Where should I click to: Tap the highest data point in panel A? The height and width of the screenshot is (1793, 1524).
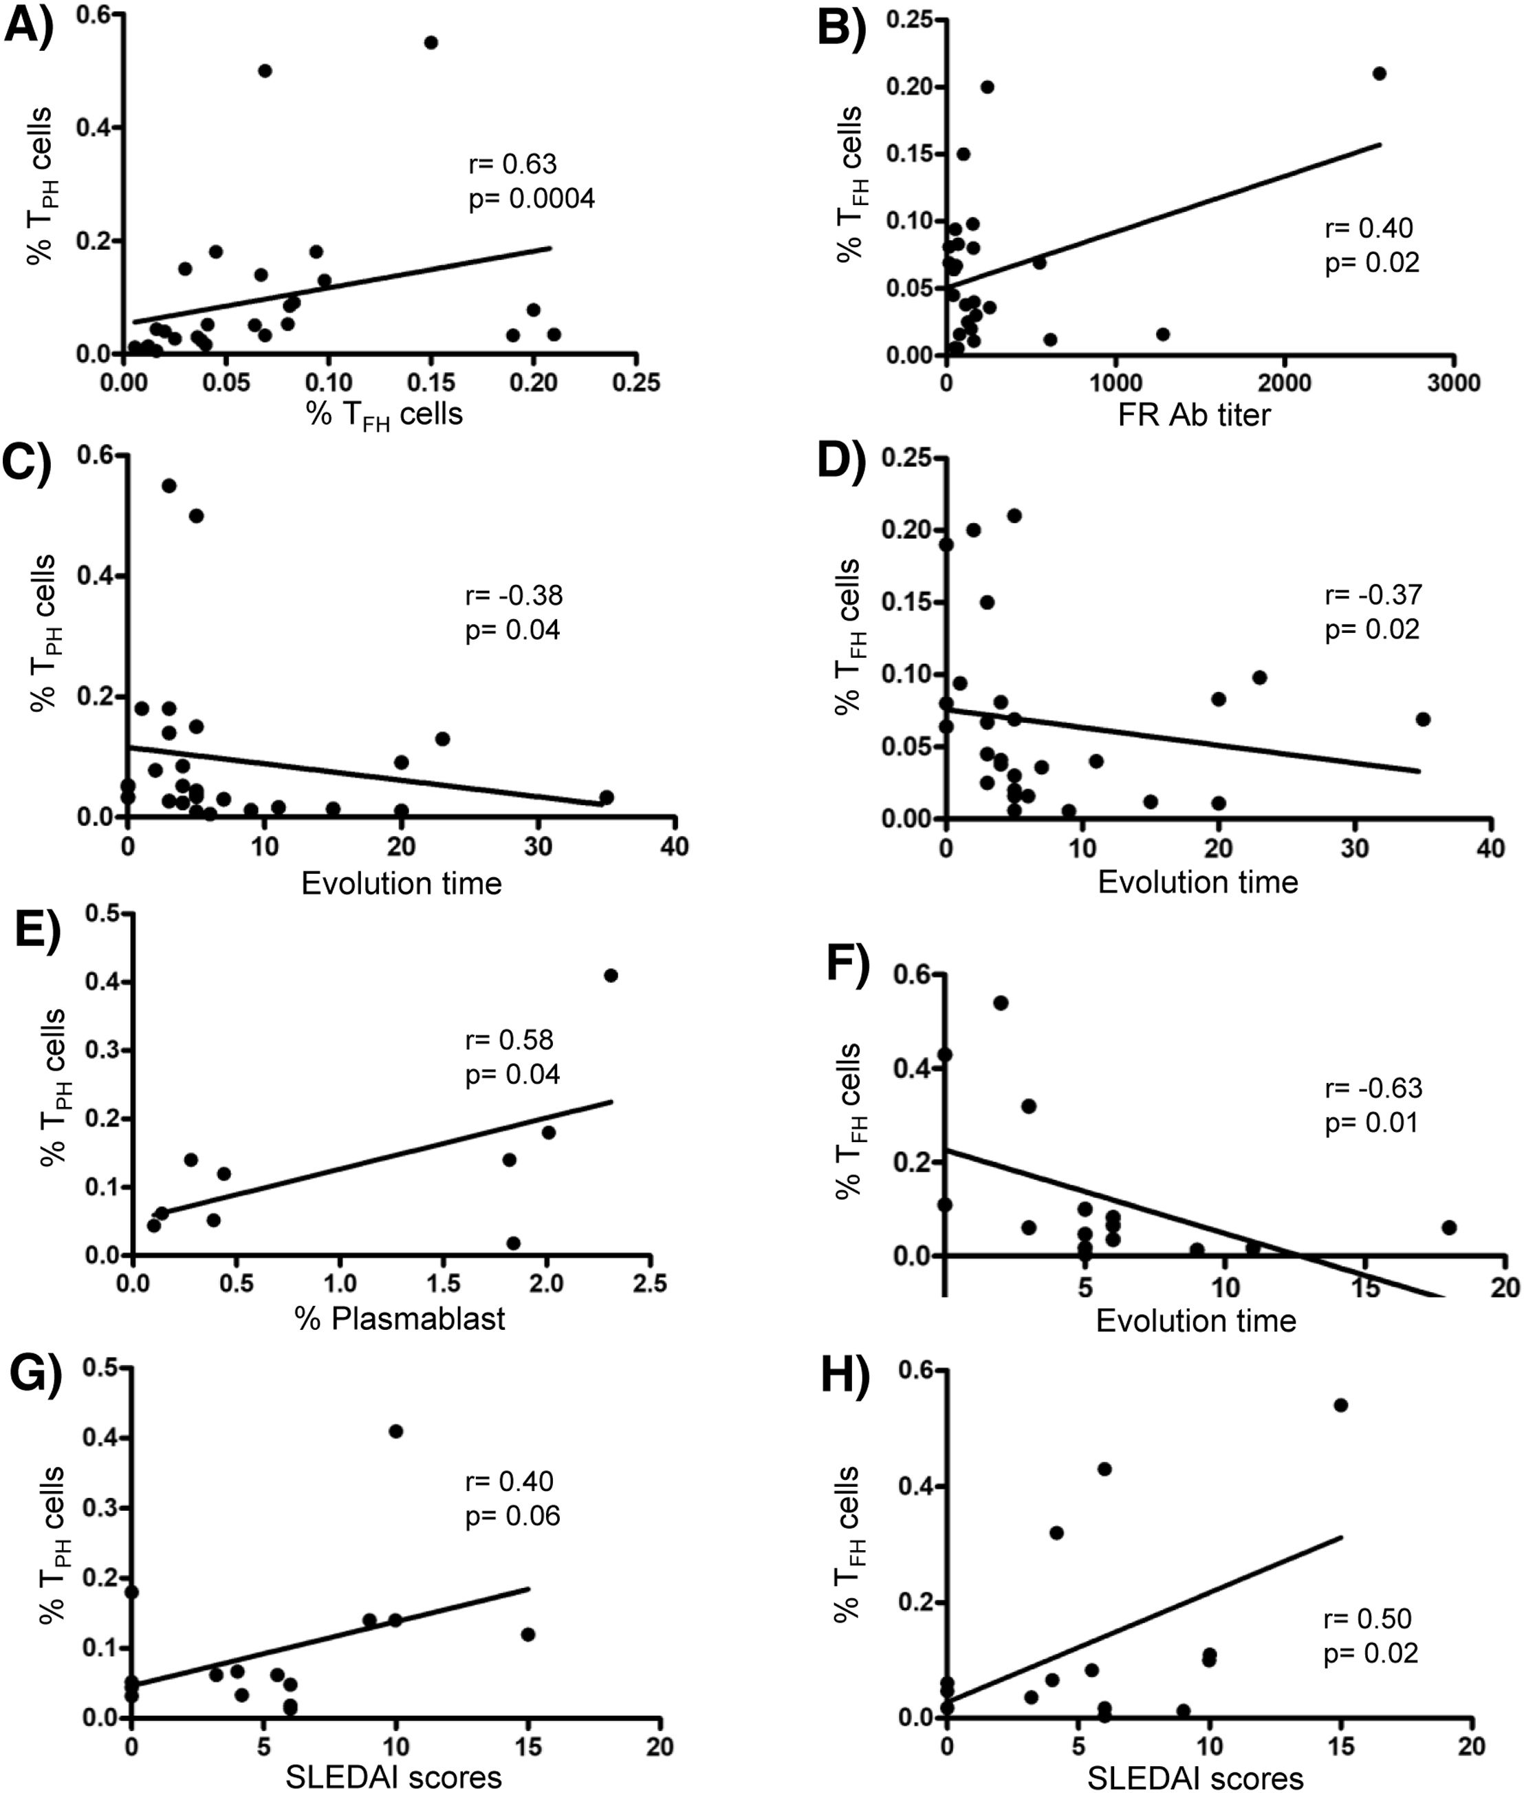coord(431,43)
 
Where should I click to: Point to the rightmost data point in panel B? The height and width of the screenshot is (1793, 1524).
coord(1380,74)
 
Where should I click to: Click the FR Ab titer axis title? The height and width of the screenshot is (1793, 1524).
coord(1194,416)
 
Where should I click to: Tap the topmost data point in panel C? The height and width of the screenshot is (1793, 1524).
coord(169,486)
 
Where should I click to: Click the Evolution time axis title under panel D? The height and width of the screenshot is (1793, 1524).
coord(1197,881)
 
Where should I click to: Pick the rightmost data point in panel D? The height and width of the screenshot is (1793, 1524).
coord(1423,719)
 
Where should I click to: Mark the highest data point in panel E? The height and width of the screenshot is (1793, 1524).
coord(611,976)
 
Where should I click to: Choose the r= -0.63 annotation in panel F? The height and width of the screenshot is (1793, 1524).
coord(1373,1087)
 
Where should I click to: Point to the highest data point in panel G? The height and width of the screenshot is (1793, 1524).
coord(395,1431)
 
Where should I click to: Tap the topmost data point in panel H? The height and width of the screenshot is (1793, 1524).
coord(1341,1405)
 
